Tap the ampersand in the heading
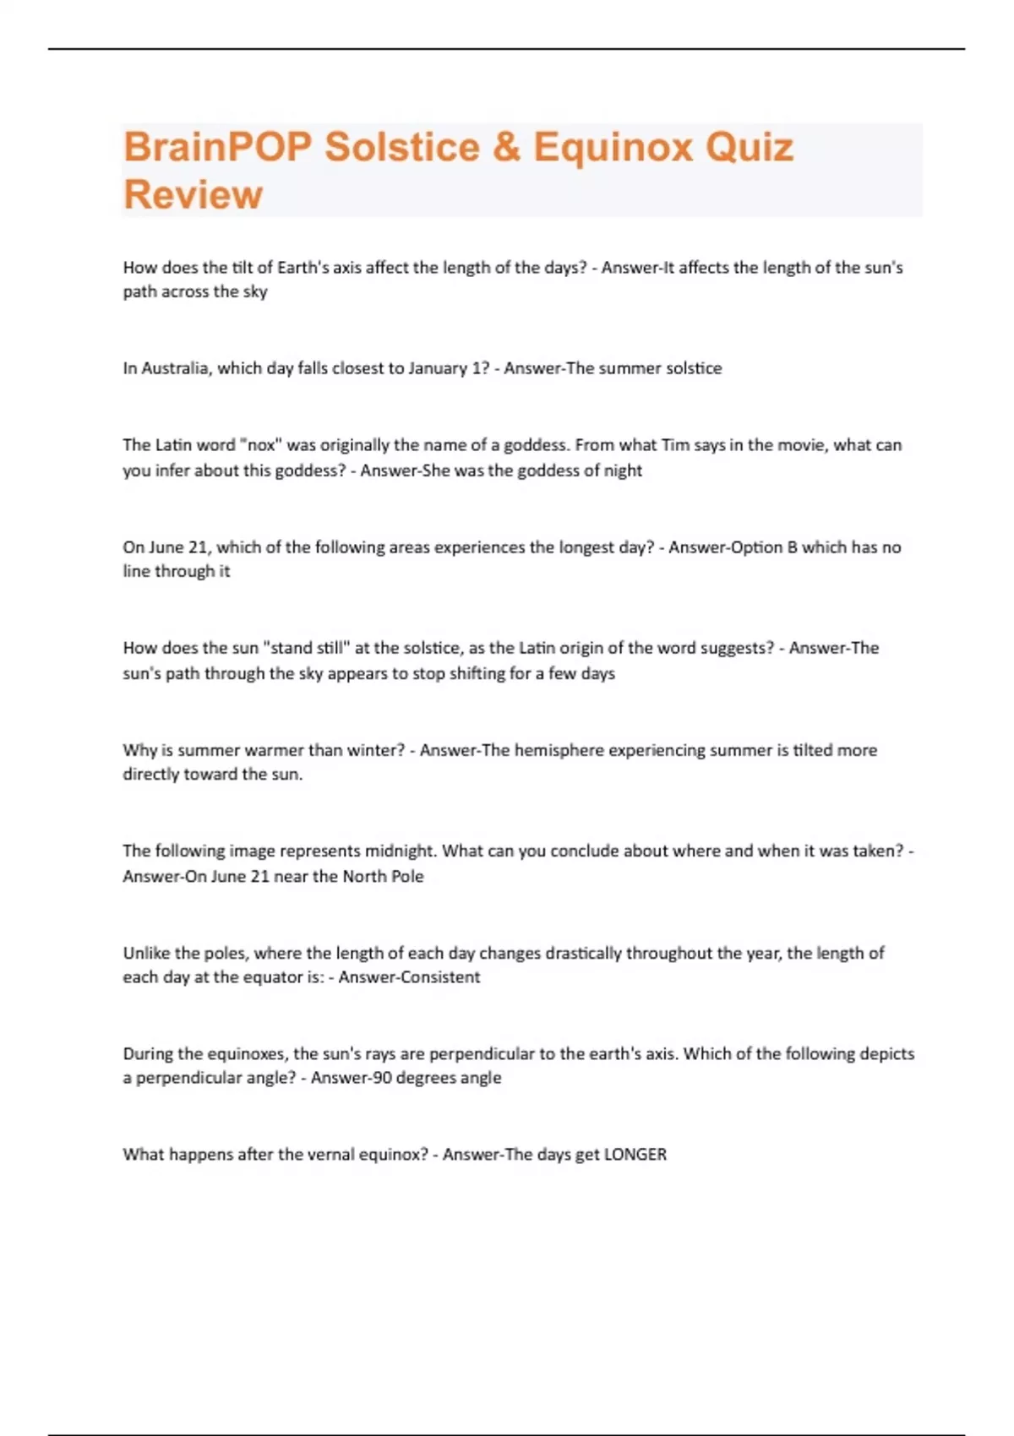(x=506, y=147)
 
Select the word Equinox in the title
(x=613, y=147)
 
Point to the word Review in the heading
(x=193, y=194)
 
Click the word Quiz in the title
(x=750, y=147)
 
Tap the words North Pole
(x=383, y=876)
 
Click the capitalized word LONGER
(x=635, y=1155)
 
